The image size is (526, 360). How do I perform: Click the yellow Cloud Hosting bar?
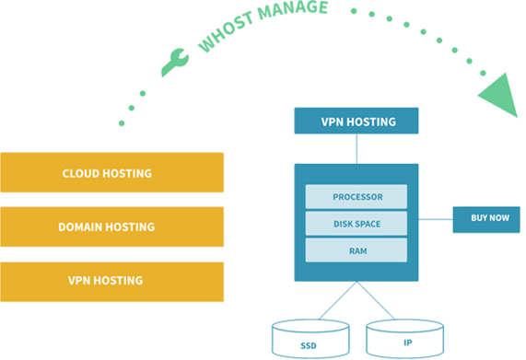111,173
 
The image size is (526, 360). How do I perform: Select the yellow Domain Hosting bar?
111,226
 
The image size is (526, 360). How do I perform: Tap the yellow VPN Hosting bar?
111,281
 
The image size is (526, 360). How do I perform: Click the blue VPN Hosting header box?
356,122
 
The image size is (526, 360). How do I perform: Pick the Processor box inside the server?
356,197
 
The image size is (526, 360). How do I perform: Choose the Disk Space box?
356,223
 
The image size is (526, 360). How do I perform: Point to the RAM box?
356,250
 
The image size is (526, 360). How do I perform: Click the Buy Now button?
485,219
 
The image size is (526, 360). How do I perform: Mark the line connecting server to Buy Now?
435,220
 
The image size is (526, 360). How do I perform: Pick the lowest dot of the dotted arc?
121,122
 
